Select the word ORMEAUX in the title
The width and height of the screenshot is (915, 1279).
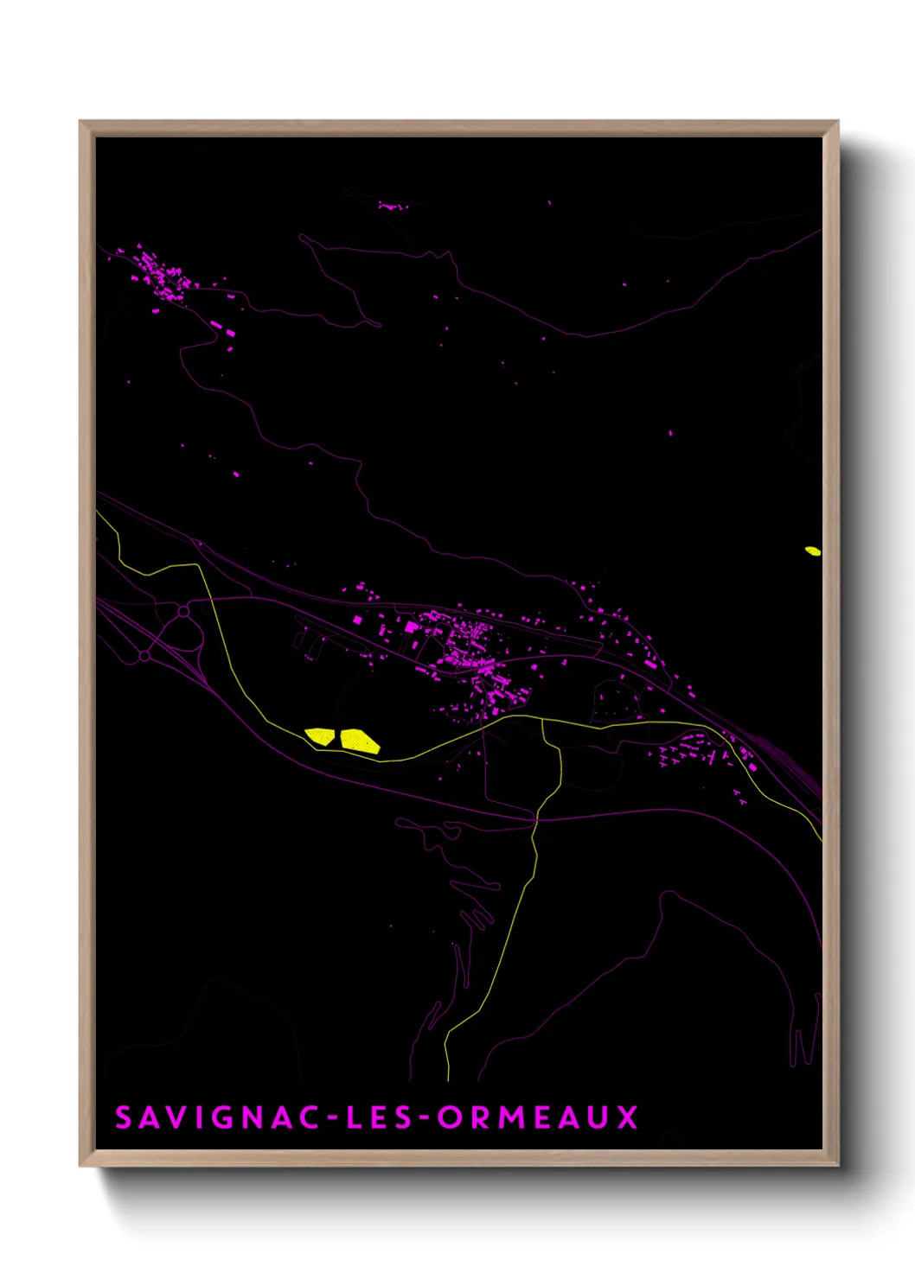(538, 1117)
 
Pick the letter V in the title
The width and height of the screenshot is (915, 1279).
(173, 1117)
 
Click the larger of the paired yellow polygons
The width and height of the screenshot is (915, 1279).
(359, 741)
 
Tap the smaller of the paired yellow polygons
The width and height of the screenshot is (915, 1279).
(320, 735)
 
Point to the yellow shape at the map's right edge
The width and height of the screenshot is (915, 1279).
(812, 550)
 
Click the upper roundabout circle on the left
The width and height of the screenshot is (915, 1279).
(184, 612)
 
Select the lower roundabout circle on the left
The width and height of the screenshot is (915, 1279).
(144, 657)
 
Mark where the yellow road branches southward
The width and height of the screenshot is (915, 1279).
(542, 720)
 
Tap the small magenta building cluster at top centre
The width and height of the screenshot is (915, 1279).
(391, 207)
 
